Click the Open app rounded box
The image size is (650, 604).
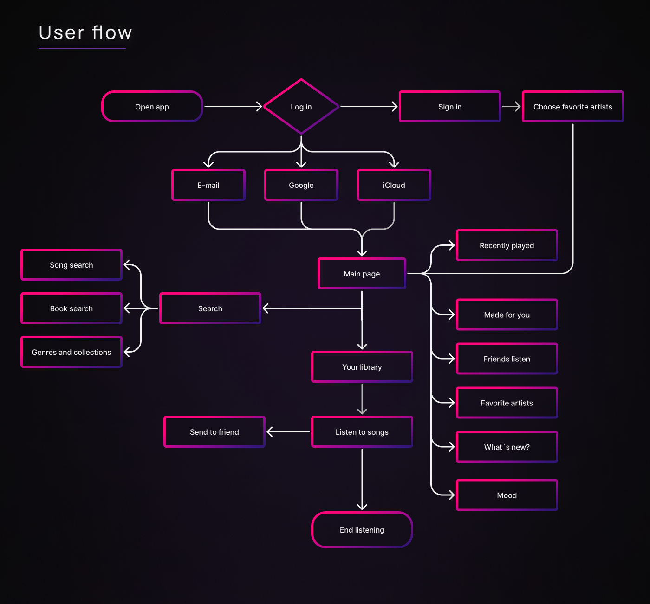[x=152, y=107]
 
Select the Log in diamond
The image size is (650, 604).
[x=301, y=107]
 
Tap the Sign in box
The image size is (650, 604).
[x=450, y=107]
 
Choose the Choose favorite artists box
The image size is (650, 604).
[x=573, y=107]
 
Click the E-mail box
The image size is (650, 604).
[x=208, y=185]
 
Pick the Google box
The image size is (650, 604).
[x=301, y=185]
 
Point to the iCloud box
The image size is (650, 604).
[x=394, y=185]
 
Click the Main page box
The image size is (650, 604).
[x=362, y=274]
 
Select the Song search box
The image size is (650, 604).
[x=71, y=265]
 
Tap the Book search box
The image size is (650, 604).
[x=71, y=308]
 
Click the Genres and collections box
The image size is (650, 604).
[x=71, y=352]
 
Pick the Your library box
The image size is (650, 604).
[x=362, y=367]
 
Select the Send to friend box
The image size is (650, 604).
[x=214, y=432]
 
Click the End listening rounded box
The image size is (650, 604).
[x=362, y=530]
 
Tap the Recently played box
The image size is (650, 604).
[x=507, y=245]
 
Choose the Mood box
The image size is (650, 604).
[x=507, y=495]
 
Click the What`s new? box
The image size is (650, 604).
[x=507, y=447]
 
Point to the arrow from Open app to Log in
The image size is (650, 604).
[x=234, y=107]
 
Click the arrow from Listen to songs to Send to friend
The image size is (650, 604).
[x=288, y=432]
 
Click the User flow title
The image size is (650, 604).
[x=85, y=32]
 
